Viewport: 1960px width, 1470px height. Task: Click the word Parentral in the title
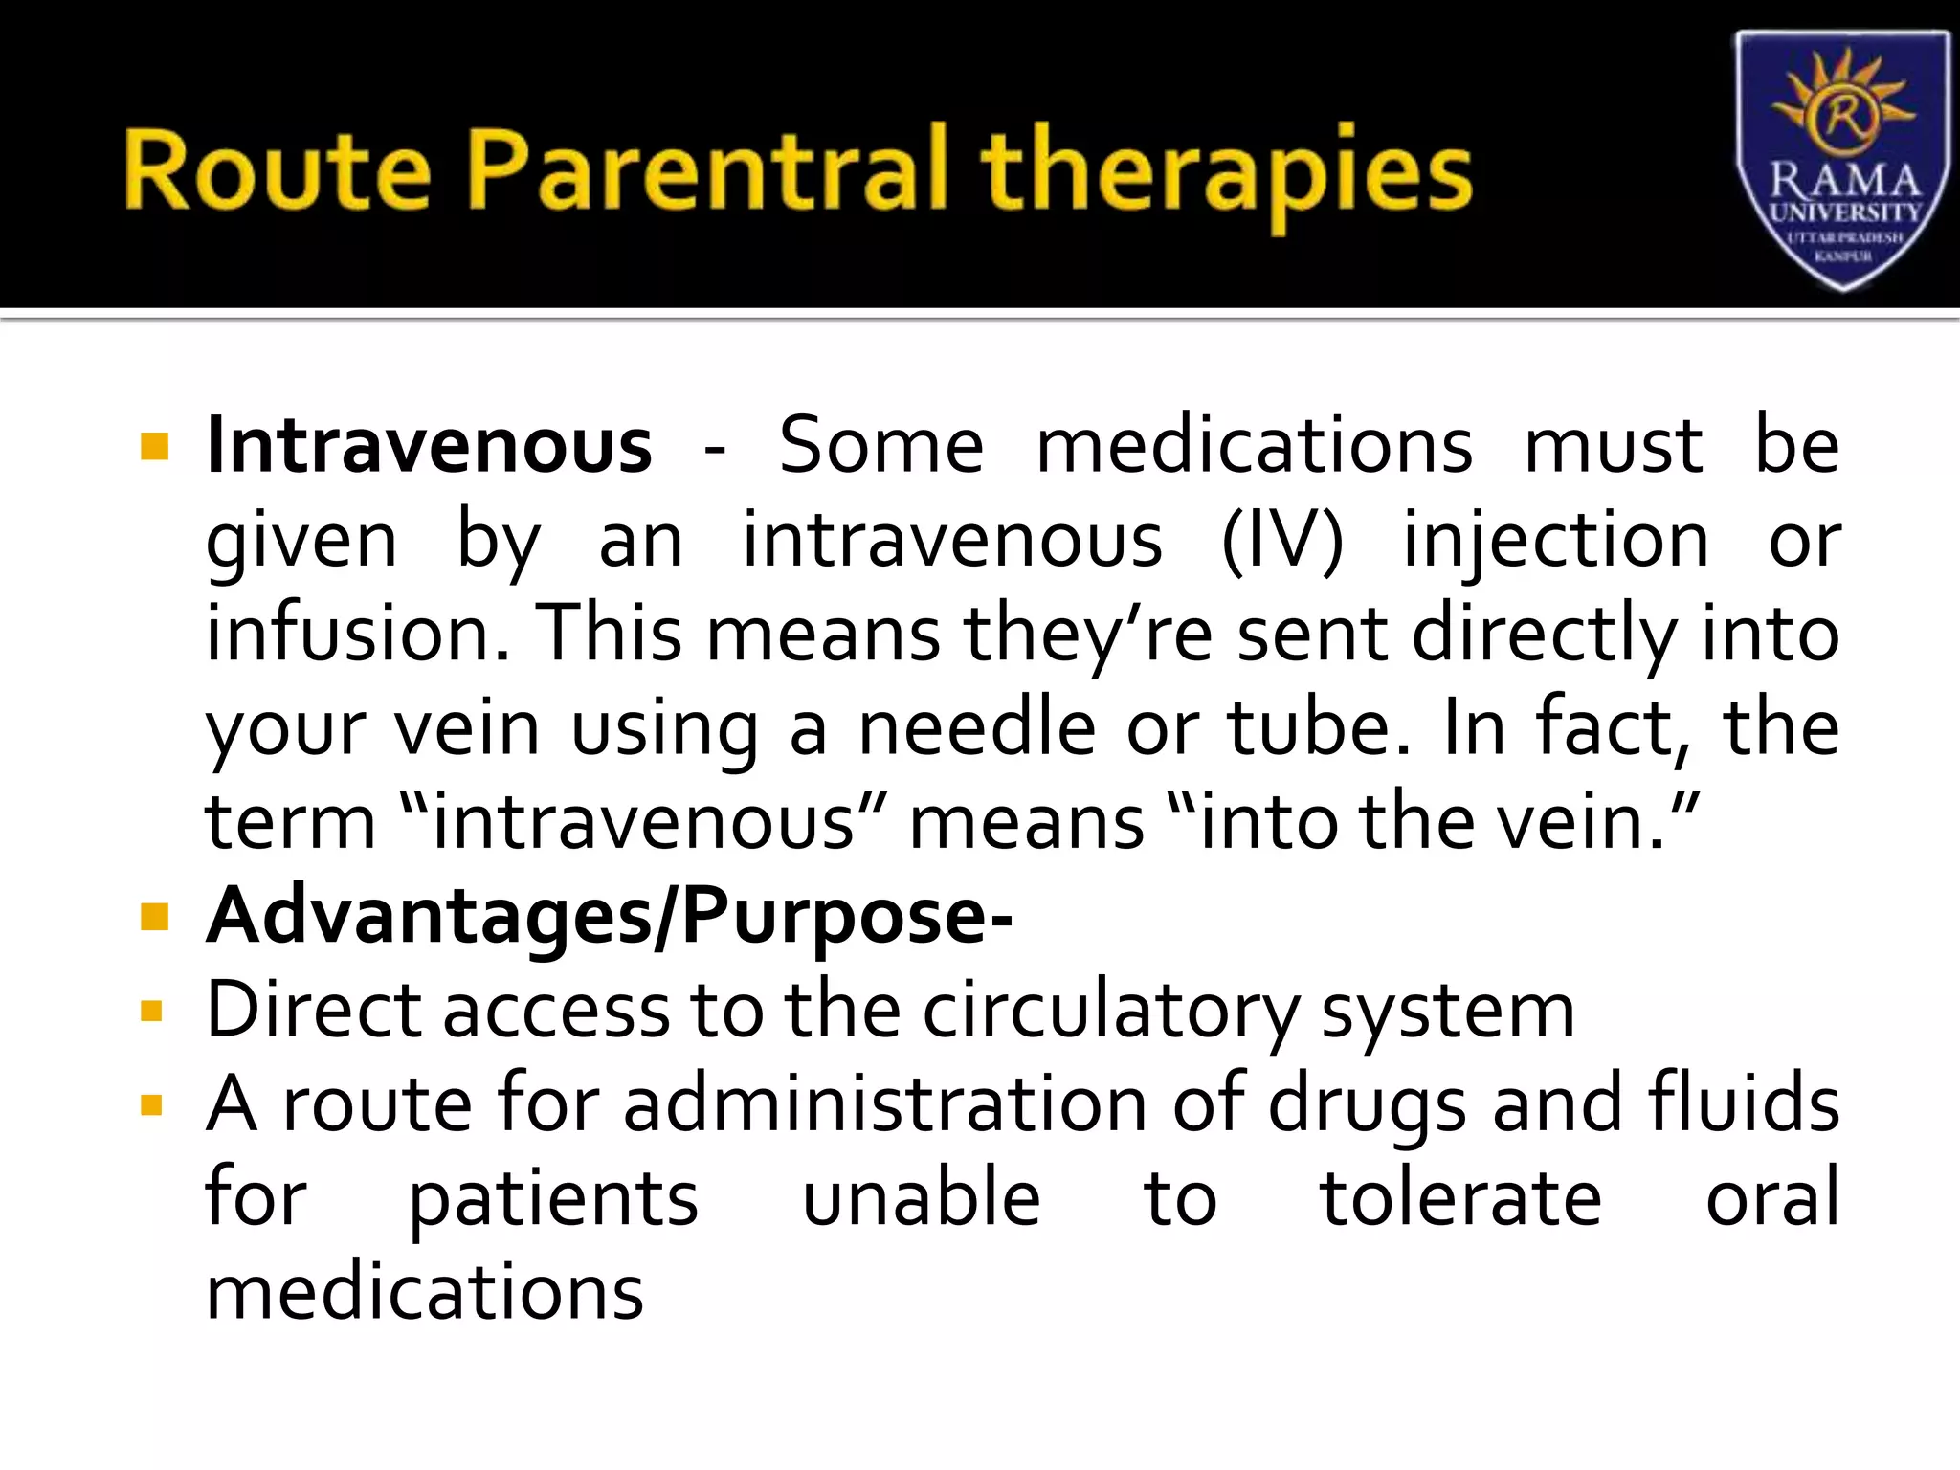(709, 170)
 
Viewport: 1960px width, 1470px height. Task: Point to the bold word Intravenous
(430, 446)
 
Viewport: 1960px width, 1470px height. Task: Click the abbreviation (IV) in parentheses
(1282, 541)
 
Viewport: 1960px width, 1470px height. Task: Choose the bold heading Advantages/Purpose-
(610, 917)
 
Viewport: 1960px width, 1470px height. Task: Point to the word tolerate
(1460, 1199)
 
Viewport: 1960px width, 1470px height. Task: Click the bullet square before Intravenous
(154, 447)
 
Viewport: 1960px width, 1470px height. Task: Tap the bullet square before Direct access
(152, 1012)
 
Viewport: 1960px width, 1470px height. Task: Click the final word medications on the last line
(425, 1293)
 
